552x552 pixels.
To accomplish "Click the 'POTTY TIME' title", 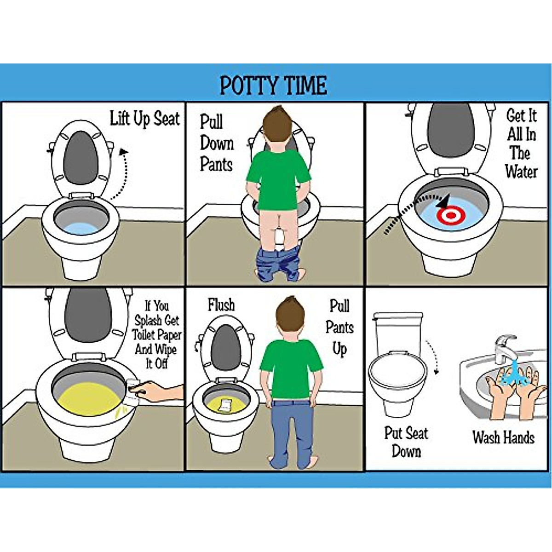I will pos(273,85).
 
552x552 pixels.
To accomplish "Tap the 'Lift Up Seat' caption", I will pos(144,119).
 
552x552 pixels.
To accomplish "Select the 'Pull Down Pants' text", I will pos(216,143).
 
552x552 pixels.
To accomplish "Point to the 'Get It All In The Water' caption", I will pos(521,144).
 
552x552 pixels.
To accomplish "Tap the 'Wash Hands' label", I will pos(503,437).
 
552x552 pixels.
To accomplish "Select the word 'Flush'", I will pos(221,305).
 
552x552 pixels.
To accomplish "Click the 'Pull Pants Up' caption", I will pos(339,327).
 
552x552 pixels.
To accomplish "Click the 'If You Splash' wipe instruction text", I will pos(156,334).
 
